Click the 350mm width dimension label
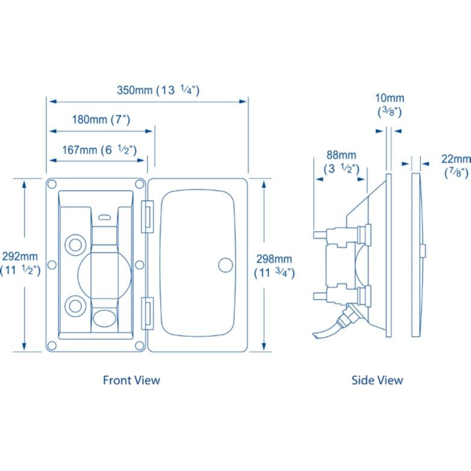coord(158,91)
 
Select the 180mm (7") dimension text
coord(101,119)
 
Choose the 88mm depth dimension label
coord(342,162)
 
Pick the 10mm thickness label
coord(389,104)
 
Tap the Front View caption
coord(131,380)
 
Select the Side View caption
coord(377,380)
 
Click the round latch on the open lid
coord(225,265)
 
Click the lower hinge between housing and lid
coord(146,312)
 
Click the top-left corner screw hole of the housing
coord(52,184)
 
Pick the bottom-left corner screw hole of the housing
coord(52,345)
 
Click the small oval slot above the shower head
coord(105,217)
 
